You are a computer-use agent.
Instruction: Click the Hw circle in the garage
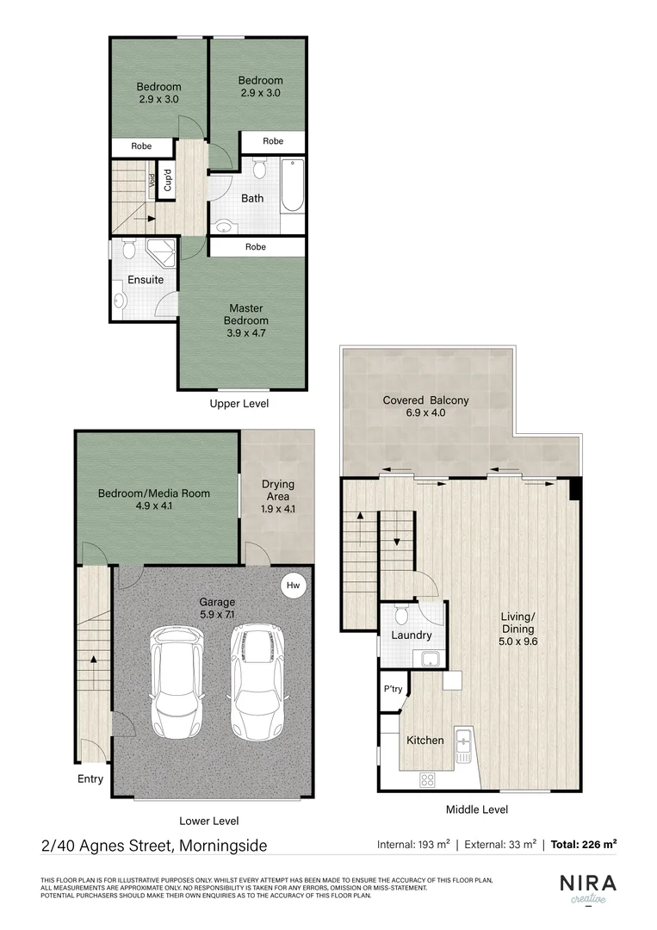[294, 586]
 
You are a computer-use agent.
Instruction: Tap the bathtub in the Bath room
[293, 185]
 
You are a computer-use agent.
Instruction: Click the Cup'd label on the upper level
[168, 181]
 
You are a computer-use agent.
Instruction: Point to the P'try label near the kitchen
[394, 690]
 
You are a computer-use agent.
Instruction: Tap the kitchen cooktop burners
[426, 779]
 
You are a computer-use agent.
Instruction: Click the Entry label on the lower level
[90, 778]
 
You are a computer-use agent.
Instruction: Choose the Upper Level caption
[239, 403]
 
